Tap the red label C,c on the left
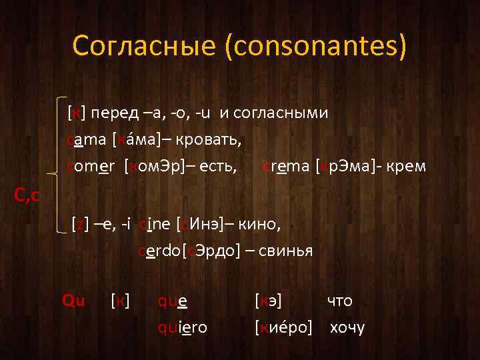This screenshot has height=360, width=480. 27,195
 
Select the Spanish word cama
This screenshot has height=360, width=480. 87,141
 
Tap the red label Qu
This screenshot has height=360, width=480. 73,300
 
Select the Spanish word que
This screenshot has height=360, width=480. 172,301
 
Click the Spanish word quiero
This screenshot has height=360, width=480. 183,327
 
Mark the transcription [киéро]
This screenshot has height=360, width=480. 283,327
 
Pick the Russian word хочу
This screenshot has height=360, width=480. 347,327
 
